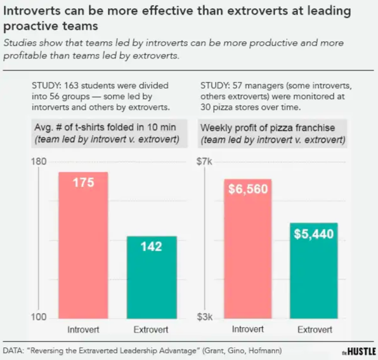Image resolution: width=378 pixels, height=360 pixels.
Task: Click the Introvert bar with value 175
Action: (83, 244)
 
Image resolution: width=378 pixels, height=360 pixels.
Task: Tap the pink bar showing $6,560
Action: (247, 248)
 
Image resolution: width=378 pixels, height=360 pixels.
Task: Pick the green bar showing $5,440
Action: (315, 270)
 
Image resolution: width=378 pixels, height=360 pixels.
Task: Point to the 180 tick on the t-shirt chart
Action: (39, 163)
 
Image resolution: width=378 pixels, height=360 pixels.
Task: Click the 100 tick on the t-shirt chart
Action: (39, 317)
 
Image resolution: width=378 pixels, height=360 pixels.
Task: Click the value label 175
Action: (83, 183)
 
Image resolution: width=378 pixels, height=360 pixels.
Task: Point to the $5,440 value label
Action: (315, 234)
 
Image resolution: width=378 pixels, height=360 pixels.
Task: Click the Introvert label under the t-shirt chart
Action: (83, 330)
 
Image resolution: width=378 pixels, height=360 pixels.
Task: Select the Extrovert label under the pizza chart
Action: (315, 330)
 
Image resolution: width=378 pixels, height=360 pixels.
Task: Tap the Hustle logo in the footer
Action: (359, 351)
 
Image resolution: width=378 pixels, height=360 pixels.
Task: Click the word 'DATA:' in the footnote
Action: (15, 350)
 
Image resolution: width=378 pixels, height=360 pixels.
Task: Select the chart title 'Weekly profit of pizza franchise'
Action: (267, 128)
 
